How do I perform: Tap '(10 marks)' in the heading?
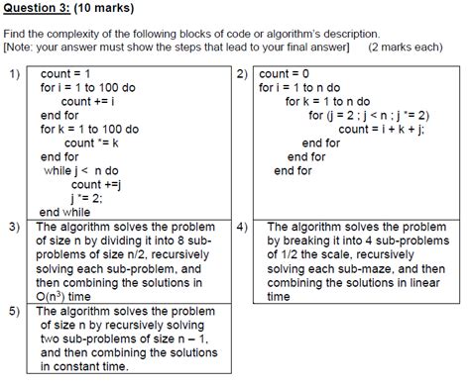(103, 9)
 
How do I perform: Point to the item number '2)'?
(242, 74)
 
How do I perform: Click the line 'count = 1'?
(65, 73)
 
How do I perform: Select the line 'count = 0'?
(288, 73)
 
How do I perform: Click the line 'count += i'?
(88, 101)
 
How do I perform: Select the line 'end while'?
(64, 212)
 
